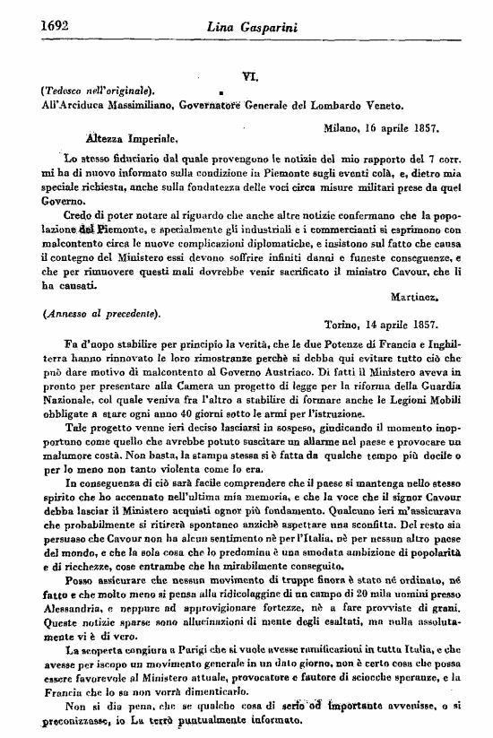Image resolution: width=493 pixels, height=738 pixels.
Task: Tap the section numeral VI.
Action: pos(251,78)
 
